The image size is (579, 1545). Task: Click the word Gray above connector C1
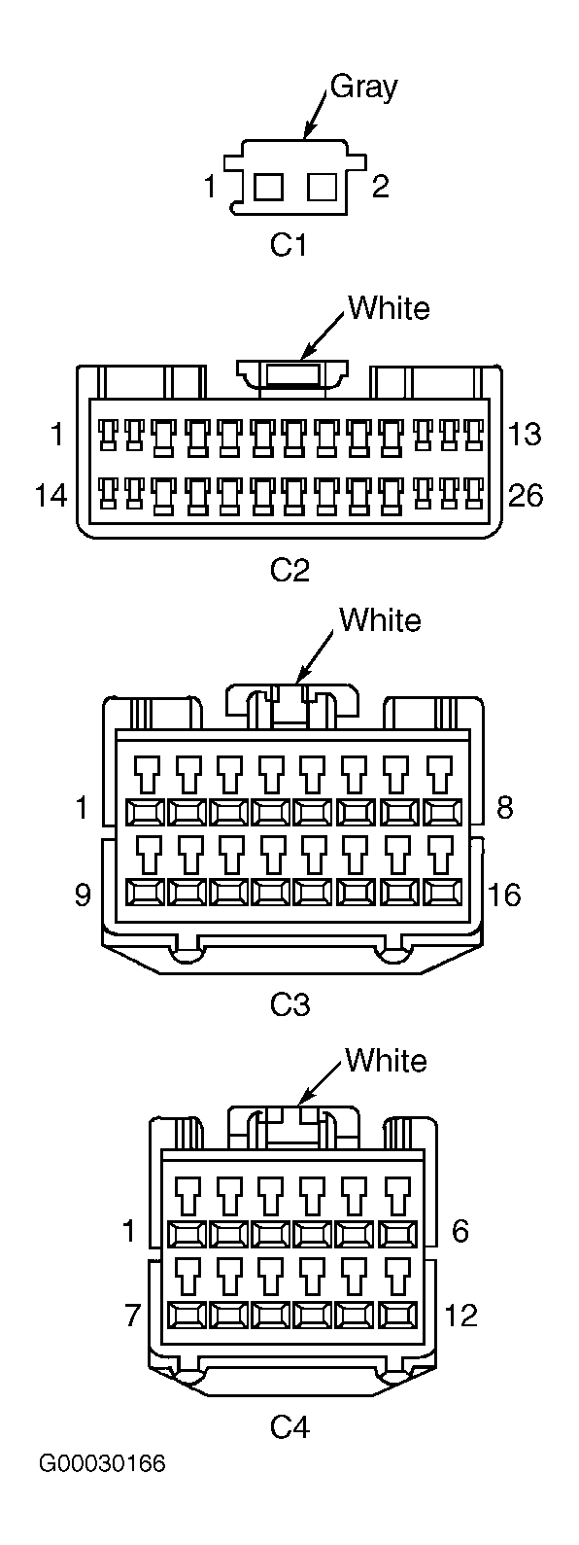364,88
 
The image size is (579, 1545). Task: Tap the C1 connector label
289,245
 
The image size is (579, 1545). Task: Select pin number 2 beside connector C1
381,187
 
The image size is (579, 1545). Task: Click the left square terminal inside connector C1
268,187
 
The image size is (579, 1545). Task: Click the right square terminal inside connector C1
322,187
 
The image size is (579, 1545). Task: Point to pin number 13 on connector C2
525,434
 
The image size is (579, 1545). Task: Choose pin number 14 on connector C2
51,495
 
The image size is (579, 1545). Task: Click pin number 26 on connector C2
526,495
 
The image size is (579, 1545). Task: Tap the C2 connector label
290,570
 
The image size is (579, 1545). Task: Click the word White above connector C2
389,307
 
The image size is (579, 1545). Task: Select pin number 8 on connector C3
504,806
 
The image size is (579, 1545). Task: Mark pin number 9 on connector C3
83,895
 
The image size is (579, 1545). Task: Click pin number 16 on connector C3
504,895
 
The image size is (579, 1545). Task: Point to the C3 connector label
290,1005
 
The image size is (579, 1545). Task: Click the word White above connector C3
380,619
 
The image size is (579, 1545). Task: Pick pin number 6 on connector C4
460,1231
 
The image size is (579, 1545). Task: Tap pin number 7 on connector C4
133,1316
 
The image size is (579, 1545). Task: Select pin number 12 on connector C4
460,1316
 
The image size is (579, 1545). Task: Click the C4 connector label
290,1427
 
